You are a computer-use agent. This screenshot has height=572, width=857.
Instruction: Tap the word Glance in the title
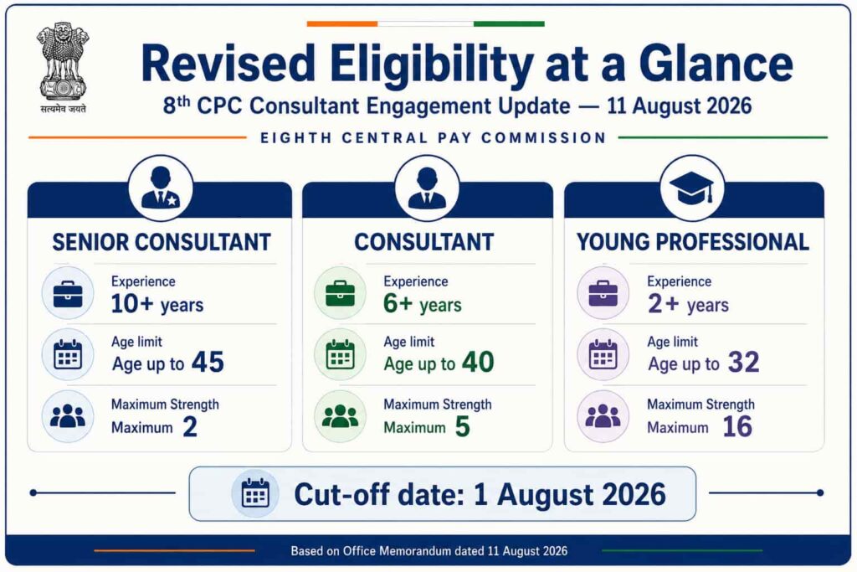(716, 64)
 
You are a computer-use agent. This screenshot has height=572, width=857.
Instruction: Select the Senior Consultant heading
(162, 242)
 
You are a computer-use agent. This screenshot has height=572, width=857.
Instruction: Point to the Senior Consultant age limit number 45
(208, 362)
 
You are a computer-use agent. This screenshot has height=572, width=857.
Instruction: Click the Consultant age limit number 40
(478, 362)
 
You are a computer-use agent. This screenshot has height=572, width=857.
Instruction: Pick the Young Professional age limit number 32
(744, 362)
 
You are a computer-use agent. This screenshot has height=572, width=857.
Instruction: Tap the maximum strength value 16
(737, 426)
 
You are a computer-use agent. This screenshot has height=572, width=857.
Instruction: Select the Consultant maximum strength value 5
(462, 426)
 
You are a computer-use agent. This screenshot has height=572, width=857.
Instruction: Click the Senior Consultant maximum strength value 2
(190, 426)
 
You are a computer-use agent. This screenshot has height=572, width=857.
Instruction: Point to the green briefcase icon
(340, 294)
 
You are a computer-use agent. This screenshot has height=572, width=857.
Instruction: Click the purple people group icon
(603, 416)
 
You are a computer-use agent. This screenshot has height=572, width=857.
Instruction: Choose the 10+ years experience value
(157, 303)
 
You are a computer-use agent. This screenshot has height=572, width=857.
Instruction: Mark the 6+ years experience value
(423, 303)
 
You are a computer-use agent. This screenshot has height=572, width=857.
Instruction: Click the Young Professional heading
(693, 242)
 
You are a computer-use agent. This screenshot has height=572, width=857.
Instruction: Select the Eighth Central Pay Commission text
(434, 138)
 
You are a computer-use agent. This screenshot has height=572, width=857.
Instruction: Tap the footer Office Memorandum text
(429, 551)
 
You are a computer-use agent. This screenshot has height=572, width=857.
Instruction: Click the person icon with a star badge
(160, 188)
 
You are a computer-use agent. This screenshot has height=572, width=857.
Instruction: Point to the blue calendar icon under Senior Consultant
(68, 354)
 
